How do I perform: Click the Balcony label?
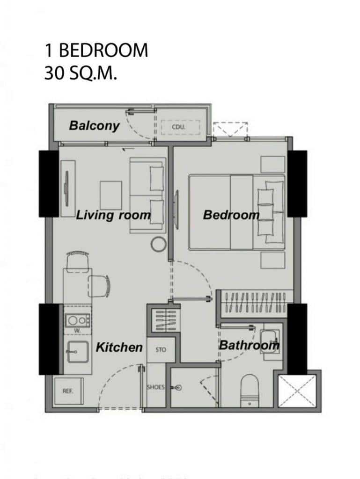point(94,125)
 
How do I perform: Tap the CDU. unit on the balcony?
point(180,127)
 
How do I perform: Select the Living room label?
point(113,215)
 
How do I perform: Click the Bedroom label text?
point(231,215)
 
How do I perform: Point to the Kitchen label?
point(119,348)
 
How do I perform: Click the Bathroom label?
point(249,345)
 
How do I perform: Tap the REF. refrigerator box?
point(69,391)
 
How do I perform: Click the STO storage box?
point(161,350)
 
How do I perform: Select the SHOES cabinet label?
point(156,387)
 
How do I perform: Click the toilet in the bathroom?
point(250,391)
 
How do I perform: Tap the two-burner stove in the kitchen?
point(77,320)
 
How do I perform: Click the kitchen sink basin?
point(78,352)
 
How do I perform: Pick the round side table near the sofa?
point(159,244)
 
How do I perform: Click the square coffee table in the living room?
point(111,195)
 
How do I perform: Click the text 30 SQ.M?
point(81,73)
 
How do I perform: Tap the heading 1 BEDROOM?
point(96,51)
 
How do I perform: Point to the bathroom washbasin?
point(270,341)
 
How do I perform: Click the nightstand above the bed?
point(273,164)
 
